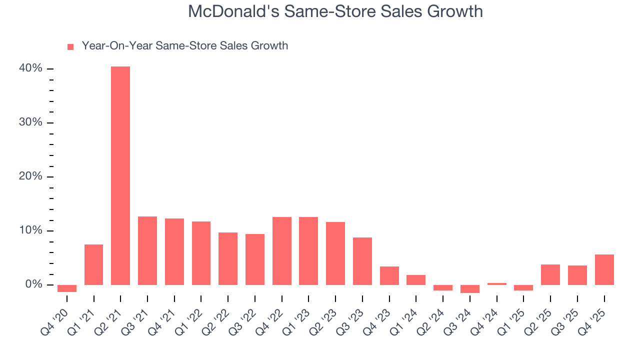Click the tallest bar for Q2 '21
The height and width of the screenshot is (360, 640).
[x=120, y=175]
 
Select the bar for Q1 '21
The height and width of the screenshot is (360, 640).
[x=93, y=264]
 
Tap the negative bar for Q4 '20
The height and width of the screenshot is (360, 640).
[x=67, y=288]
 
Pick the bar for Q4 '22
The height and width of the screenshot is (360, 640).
[x=281, y=250]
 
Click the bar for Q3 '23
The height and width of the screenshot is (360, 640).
[x=362, y=261]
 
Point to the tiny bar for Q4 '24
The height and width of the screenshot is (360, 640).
[x=496, y=283]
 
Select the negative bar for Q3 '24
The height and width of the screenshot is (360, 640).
[x=470, y=288]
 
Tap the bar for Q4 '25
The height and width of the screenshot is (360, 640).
[x=604, y=269]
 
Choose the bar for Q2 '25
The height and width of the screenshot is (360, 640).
[x=550, y=274]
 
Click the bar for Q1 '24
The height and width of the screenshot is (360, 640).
[x=416, y=279]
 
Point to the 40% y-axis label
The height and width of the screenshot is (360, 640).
[x=30, y=68]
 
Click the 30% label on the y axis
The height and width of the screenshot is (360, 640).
[x=30, y=122]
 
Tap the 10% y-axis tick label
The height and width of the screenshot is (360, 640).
[x=30, y=230]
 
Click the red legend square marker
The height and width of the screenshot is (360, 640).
[x=70, y=46]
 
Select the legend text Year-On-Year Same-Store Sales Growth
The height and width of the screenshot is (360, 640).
[x=184, y=46]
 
